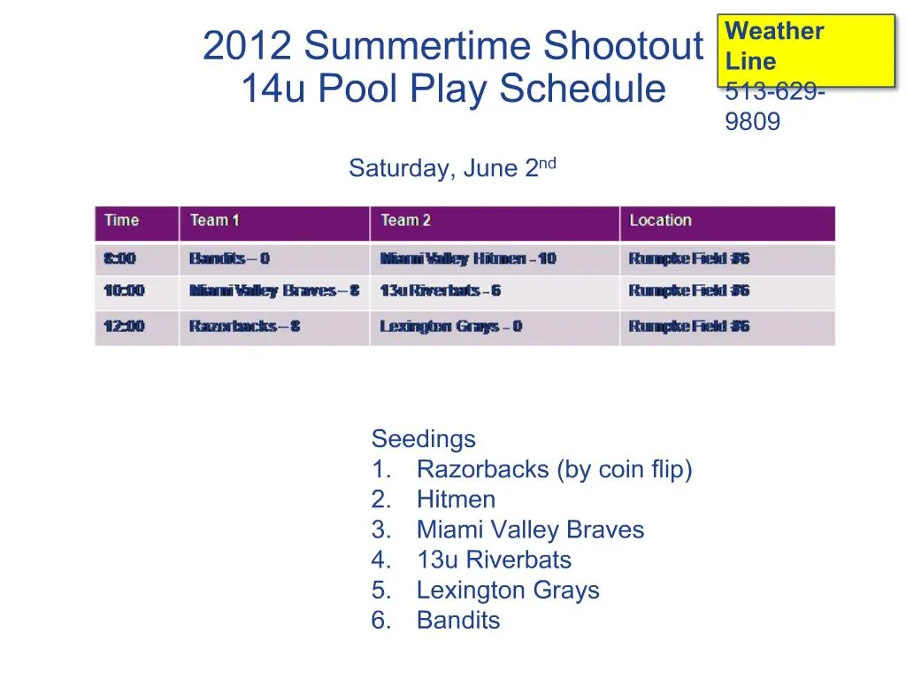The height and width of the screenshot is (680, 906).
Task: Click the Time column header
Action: (122, 220)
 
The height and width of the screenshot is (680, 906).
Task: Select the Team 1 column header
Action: (215, 220)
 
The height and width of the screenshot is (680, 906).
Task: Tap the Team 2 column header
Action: (406, 220)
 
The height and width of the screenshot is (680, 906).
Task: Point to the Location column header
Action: (660, 220)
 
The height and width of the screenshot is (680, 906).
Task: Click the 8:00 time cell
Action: (120, 259)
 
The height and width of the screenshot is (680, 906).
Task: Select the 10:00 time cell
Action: (124, 290)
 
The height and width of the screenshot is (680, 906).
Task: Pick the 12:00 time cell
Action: (124, 326)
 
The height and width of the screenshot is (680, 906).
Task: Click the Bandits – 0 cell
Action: (229, 259)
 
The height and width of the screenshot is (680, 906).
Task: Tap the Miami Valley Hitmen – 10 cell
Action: (468, 259)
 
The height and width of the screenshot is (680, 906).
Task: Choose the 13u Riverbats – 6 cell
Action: (440, 290)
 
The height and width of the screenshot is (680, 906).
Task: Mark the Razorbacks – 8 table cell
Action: (244, 326)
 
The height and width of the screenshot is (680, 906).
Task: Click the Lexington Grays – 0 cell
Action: (450, 326)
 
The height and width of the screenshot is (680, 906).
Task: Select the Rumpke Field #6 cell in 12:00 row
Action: (688, 326)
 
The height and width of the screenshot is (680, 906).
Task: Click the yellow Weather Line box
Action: (806, 50)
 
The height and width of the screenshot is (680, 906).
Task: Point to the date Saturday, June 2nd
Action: (452, 167)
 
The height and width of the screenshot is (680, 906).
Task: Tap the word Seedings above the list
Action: (423, 438)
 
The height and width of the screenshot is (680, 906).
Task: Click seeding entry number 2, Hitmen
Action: (456, 499)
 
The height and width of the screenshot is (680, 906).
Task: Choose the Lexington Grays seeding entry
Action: (507, 590)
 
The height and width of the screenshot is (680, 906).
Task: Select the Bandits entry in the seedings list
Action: (457, 620)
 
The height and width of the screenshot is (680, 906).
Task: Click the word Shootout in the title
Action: (624, 46)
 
